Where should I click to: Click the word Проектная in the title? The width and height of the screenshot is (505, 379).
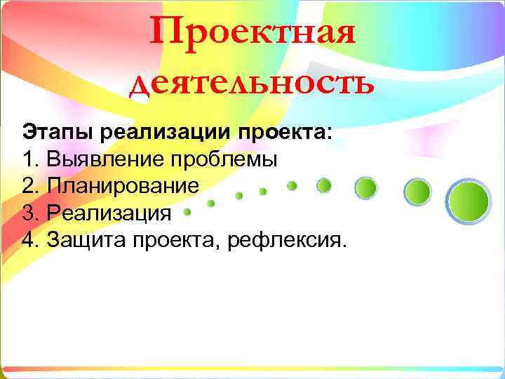coord(252,33)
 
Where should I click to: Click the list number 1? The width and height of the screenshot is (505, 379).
coord(28,159)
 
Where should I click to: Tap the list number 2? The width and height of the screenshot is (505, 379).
coord(28,186)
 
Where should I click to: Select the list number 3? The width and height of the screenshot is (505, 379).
coord(28,213)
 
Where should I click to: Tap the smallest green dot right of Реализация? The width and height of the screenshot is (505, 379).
coord(187,211)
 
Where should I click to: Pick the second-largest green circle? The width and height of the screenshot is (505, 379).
coord(418,191)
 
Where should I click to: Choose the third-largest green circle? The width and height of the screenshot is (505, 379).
coord(366,187)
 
